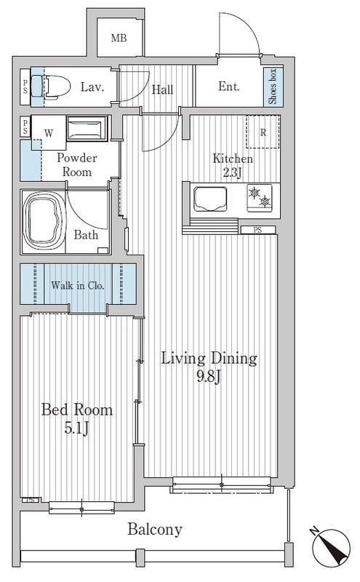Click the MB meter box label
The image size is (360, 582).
pos(119,38)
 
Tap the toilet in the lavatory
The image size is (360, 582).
pos(55,87)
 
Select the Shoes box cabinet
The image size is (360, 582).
pos(273,87)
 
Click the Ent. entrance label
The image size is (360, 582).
pos(228,87)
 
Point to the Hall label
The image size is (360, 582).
pos(162,89)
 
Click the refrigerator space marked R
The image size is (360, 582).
pos(263,132)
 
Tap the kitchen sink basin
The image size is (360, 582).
pos(210,199)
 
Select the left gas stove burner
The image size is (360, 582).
pos(254,192)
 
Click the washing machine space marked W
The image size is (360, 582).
pos(49,133)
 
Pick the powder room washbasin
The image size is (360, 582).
pos(87,129)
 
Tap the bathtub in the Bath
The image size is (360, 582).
pos(42,221)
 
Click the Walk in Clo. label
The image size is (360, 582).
pos(78,285)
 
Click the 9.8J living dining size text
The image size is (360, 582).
pos(209,377)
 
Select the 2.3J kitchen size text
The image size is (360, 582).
pos(232,172)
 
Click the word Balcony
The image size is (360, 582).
pos(155,530)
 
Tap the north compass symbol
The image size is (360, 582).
pos(331,547)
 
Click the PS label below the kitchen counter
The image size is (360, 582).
pos(257,230)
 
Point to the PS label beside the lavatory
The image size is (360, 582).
pos(25,87)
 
